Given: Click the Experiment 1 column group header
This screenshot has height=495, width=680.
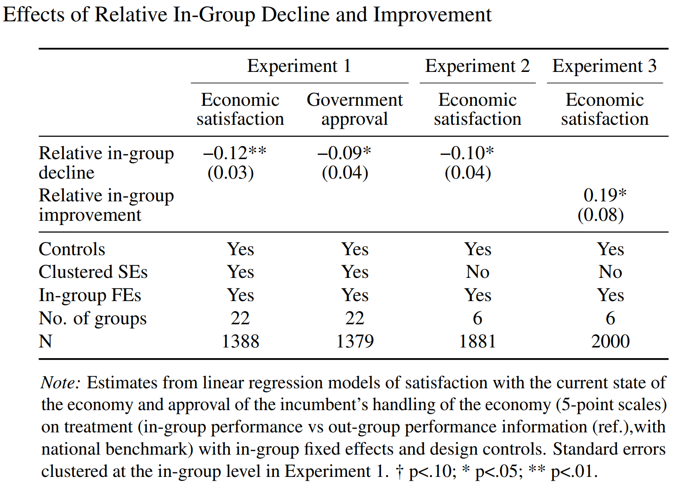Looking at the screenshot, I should point(299,66).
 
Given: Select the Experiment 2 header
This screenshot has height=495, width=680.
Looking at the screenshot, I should point(477,66).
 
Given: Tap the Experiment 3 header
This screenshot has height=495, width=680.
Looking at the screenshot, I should point(604,66).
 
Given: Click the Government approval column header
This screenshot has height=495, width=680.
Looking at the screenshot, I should point(355,109).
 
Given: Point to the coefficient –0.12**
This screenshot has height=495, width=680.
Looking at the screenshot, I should point(235,153).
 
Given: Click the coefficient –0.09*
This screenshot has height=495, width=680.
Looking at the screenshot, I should point(344,153).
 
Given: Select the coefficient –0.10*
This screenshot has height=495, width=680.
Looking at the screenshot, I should point(467,153).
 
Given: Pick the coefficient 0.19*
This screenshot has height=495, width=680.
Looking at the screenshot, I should point(605,195).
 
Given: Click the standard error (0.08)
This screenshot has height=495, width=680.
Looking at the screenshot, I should point(601,215).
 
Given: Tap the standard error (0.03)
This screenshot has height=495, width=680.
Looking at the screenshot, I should point(230,173).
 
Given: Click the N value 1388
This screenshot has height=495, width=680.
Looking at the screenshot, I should point(240,341).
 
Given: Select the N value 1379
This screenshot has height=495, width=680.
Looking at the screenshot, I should point(355,341).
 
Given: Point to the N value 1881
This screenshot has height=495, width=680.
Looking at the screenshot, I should point(477,341).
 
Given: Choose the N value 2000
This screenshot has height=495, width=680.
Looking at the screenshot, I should point(610,341).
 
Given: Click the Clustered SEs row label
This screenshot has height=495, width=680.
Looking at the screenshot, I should point(93,272).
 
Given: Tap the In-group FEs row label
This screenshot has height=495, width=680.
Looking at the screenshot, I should point(90,296).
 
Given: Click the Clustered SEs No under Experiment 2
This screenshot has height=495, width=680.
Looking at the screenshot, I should point(477,272).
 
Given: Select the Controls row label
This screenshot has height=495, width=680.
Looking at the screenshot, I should point(72,249).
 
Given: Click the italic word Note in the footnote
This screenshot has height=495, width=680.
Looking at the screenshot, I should point(61,383).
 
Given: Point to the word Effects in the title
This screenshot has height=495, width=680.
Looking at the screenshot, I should point(34,15).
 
